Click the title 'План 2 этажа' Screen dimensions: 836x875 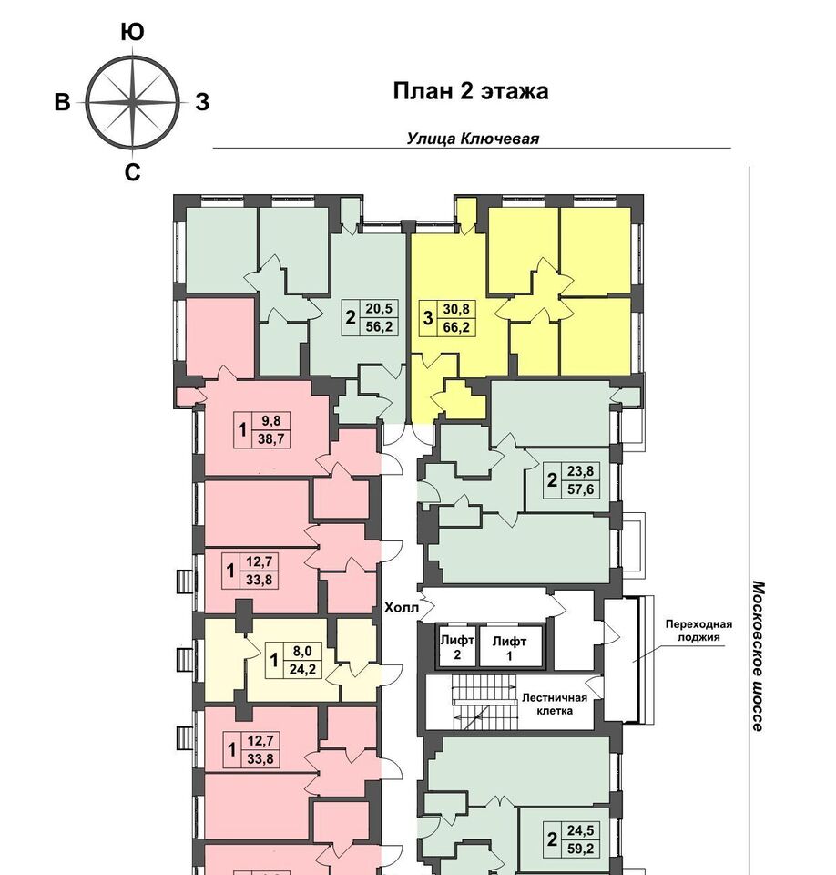click(x=470, y=91)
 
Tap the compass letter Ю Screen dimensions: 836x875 click(x=132, y=33)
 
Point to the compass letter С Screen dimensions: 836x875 click(x=132, y=173)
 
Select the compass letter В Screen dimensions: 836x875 click(x=62, y=103)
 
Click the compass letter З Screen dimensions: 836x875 click(x=202, y=102)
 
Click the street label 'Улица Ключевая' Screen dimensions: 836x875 click(x=473, y=138)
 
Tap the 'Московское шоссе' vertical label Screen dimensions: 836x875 click(x=758, y=655)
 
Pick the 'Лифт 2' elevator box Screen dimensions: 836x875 click(x=457, y=645)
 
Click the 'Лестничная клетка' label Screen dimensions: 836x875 click(x=554, y=705)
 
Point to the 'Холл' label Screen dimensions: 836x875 click(x=401, y=608)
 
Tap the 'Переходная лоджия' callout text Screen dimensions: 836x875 click(x=698, y=631)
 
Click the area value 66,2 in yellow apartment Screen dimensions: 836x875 click(x=455, y=327)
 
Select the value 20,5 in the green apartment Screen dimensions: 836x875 click(x=379, y=308)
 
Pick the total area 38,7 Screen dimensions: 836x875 click(x=271, y=439)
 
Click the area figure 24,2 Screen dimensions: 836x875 click(x=302, y=669)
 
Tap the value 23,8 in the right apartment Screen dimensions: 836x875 click(x=580, y=471)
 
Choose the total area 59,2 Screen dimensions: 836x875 click(x=580, y=849)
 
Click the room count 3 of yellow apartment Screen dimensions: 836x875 click(x=428, y=318)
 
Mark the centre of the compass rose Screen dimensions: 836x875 click(x=132, y=103)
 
